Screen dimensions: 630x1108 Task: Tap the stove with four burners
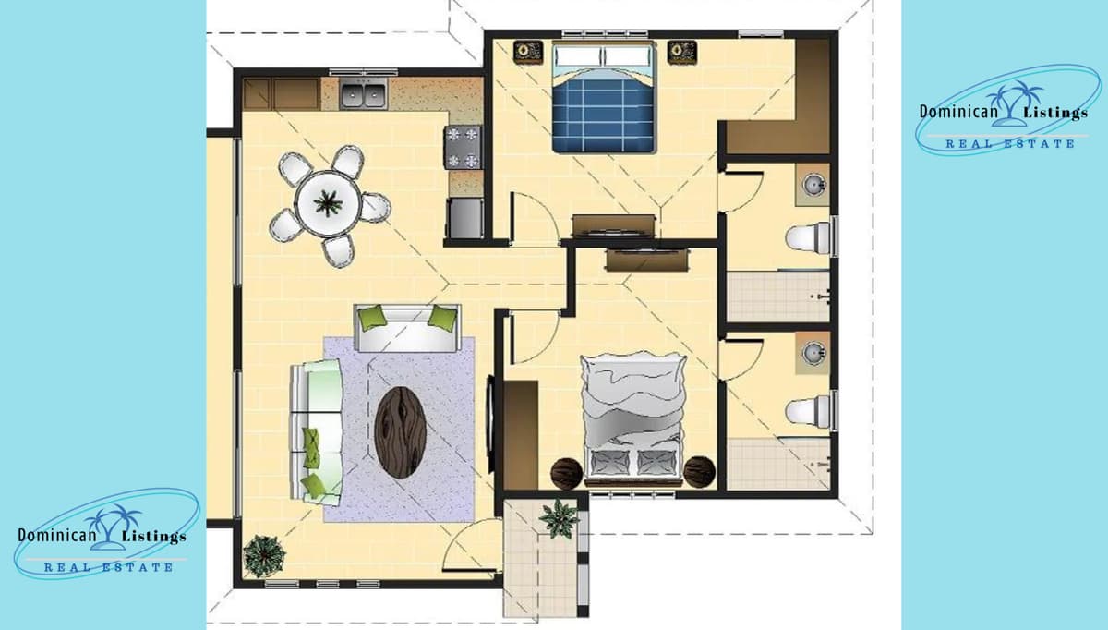[x=464, y=147]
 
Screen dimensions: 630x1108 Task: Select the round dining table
[x=328, y=202]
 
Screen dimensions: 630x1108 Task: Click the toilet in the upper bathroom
[x=807, y=236]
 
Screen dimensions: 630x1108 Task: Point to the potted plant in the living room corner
[x=262, y=555]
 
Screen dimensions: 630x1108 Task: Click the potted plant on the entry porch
[x=560, y=518]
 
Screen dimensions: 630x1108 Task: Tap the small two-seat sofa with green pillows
[x=408, y=328]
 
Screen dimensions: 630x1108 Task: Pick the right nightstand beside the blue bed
[x=682, y=51]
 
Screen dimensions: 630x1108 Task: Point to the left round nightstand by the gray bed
[x=566, y=472]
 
